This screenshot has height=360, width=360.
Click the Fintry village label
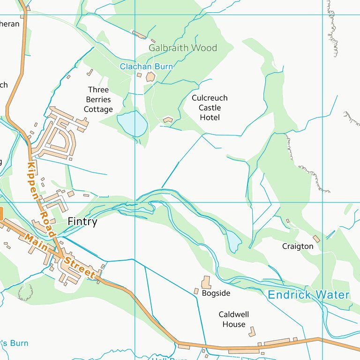point(82,222)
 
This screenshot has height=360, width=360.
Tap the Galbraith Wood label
point(183,48)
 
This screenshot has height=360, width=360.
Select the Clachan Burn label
point(146,67)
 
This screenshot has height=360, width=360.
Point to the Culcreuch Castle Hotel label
point(210,107)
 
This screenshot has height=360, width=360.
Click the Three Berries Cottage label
point(98,99)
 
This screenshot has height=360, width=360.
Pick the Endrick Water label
point(308,295)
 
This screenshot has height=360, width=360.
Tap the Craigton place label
point(298,246)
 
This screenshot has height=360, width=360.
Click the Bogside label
point(216,293)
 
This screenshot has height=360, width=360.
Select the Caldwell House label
point(234,319)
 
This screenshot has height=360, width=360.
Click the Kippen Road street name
point(40,199)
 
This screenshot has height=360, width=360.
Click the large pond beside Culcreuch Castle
point(133,123)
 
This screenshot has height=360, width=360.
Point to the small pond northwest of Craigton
point(233,240)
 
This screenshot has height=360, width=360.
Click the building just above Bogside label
point(206,282)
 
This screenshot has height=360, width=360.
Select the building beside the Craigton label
point(316,239)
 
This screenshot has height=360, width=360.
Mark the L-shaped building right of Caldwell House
point(253,331)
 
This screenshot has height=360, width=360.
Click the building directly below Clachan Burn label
point(150,77)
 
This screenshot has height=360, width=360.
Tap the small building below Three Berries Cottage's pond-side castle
point(168,120)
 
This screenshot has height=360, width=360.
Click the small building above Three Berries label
point(90,73)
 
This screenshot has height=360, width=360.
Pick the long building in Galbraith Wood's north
point(139,34)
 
